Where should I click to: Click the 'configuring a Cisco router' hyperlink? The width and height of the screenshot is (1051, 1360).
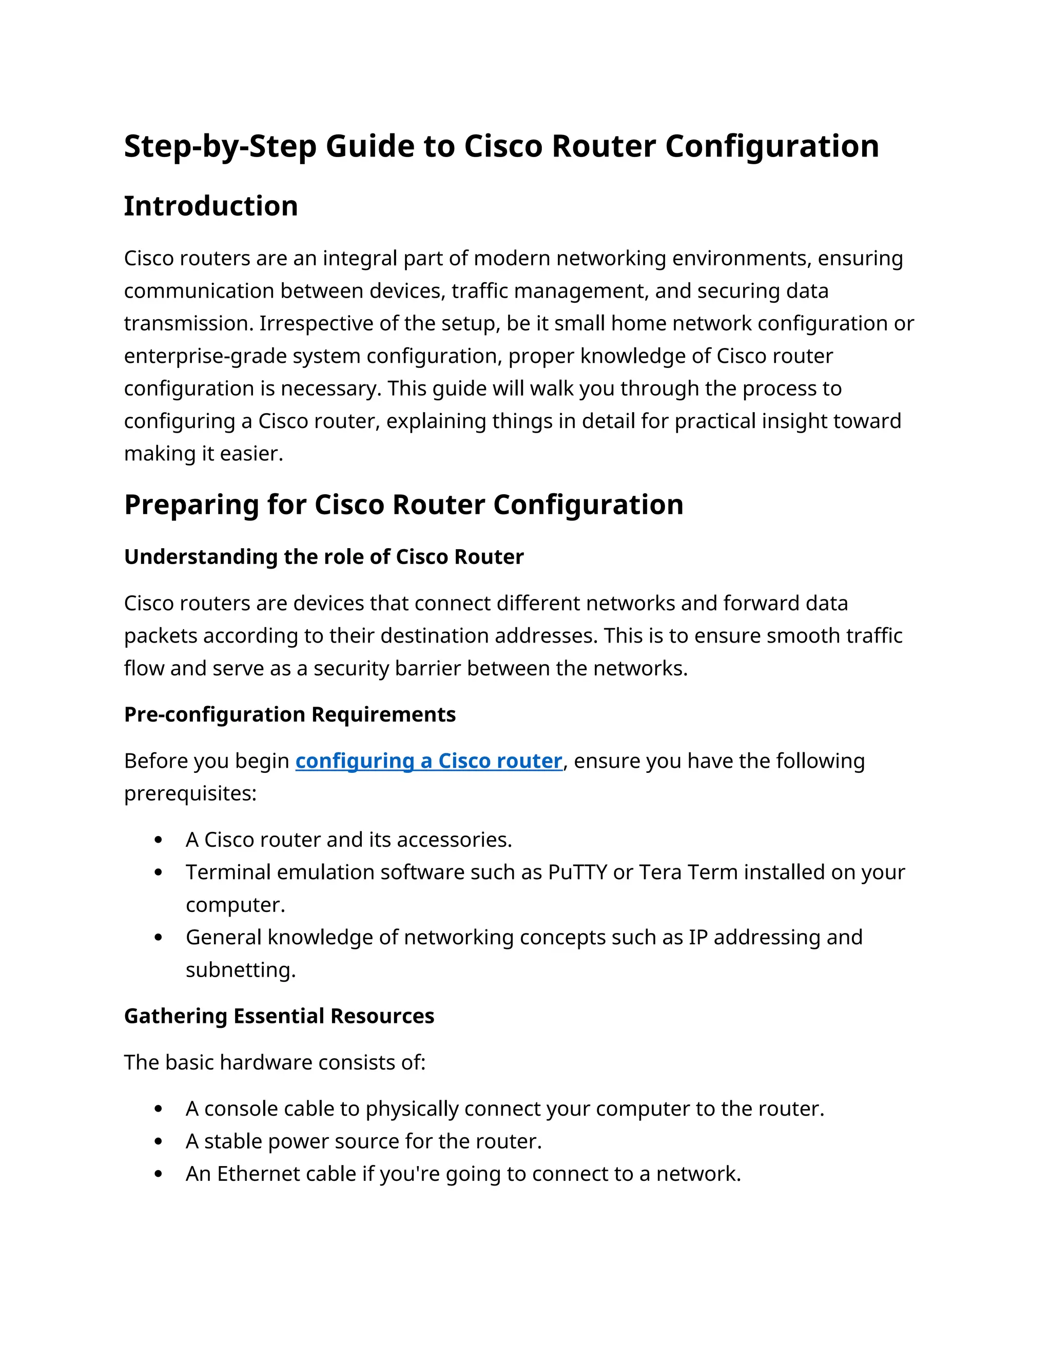pyautogui.click(x=429, y=761)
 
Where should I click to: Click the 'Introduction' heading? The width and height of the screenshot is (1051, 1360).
pyautogui.click(x=210, y=206)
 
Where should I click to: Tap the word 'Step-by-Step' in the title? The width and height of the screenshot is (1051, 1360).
pyautogui.click(x=220, y=147)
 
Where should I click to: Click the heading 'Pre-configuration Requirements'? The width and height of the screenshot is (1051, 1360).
pyautogui.click(x=289, y=714)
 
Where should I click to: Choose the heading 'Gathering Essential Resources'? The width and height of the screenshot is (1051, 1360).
pyautogui.click(x=279, y=1016)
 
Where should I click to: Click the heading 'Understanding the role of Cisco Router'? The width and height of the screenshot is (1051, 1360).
pyautogui.click(x=324, y=557)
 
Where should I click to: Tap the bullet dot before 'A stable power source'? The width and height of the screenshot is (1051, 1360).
pyautogui.click(x=158, y=1142)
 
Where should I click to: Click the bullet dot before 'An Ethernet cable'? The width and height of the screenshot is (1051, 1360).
pyautogui.click(x=158, y=1174)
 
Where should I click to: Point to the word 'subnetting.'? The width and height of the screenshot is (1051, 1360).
pyautogui.click(x=240, y=970)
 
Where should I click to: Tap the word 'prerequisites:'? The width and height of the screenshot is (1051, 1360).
pyautogui.click(x=190, y=794)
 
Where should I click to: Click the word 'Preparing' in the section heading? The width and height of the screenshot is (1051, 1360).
pyautogui.click(x=191, y=505)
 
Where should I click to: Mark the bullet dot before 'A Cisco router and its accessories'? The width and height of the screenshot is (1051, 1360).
pyautogui.click(x=158, y=841)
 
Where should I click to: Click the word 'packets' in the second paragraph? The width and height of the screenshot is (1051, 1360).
pyautogui.click(x=161, y=636)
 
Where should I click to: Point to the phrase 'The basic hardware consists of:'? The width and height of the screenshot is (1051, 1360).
pyautogui.click(x=275, y=1062)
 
